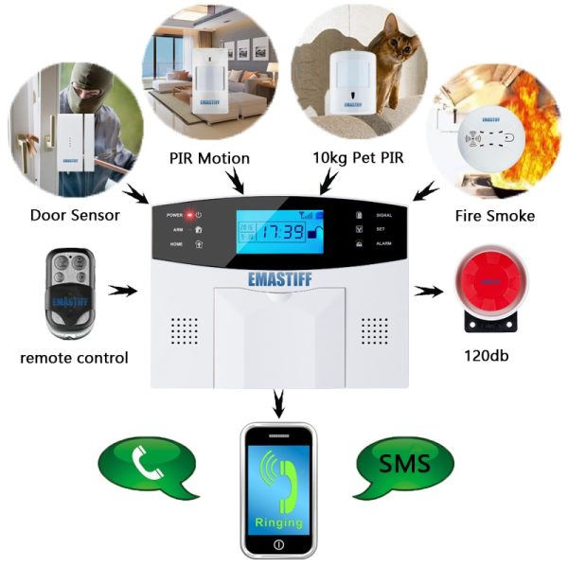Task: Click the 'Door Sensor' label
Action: pyautogui.click(x=75, y=215)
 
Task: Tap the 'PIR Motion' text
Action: pyautogui.click(x=209, y=158)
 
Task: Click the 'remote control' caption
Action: pyautogui.click(x=74, y=358)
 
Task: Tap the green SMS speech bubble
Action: pyautogui.click(x=404, y=465)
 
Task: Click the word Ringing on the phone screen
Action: pyautogui.click(x=278, y=522)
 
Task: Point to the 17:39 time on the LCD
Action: pyautogui.click(x=282, y=230)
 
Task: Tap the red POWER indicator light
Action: pyautogui.click(x=189, y=216)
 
